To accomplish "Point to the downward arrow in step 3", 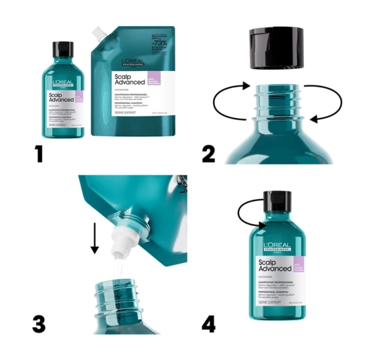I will tap(95, 237).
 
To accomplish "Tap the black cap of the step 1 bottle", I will tap(63, 49).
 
